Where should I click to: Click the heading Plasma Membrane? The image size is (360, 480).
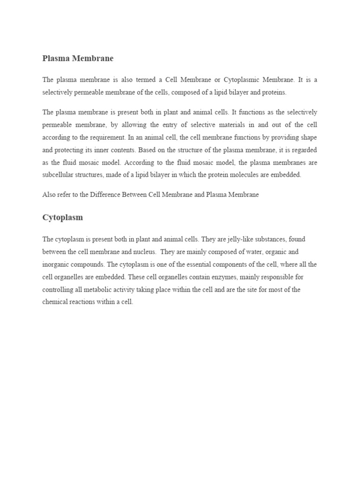(78, 59)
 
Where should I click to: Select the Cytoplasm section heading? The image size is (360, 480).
(63, 217)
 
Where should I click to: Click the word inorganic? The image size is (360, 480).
(57, 264)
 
